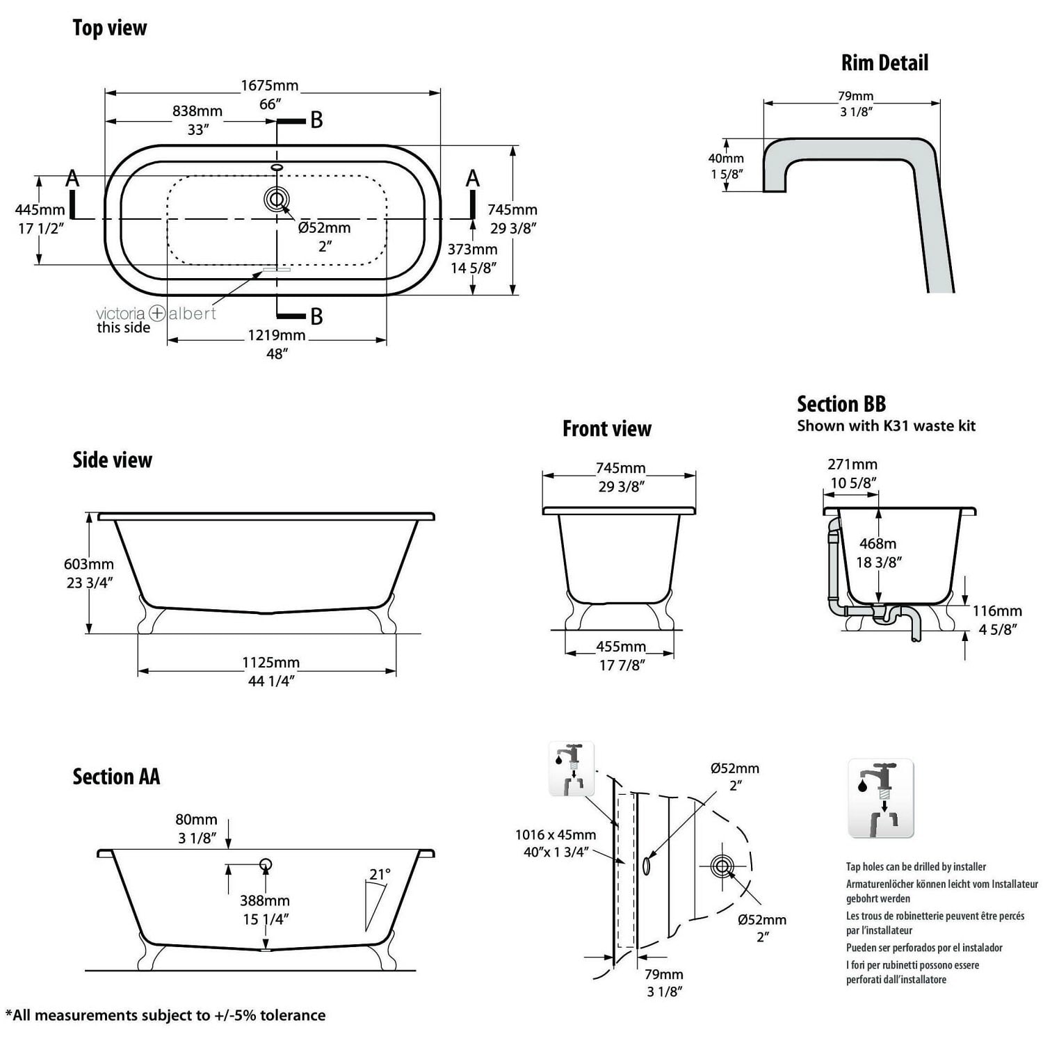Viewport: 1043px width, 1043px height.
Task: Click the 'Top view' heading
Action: (110, 28)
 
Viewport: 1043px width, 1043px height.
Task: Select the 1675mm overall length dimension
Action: (270, 86)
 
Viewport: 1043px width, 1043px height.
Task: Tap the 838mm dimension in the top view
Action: (197, 111)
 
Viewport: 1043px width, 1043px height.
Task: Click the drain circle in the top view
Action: (277, 200)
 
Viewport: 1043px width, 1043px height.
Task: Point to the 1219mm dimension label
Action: (277, 335)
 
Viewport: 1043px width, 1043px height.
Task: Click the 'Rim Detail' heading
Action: (884, 63)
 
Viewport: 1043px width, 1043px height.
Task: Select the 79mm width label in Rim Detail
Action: (855, 96)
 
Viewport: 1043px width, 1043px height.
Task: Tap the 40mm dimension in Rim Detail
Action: (726, 159)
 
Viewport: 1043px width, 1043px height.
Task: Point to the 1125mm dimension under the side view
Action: (271, 663)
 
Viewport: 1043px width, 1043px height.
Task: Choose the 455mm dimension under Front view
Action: (621, 647)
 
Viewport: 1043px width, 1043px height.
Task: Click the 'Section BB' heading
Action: (841, 404)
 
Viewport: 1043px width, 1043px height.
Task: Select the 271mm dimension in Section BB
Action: (852, 464)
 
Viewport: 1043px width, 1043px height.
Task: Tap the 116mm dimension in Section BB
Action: (997, 611)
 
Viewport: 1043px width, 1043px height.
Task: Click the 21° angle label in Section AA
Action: (380, 874)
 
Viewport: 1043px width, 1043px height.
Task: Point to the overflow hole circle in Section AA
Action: (265, 864)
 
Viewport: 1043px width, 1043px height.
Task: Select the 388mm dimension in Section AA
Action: (265, 901)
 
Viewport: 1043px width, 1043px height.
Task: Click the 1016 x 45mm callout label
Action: (556, 834)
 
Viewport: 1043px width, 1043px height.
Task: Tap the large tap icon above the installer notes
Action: (880, 798)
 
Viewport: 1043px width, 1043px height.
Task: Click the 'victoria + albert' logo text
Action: (156, 314)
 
